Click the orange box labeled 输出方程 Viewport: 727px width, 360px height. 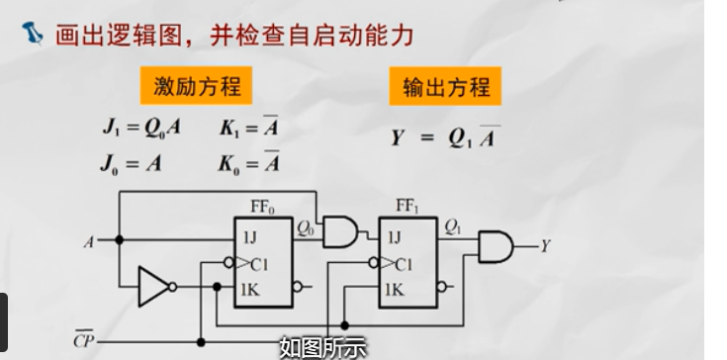click(445, 87)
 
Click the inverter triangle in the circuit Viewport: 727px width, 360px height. click(153, 287)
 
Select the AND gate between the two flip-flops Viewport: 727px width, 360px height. click(340, 231)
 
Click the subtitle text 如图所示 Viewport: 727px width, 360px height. click(322, 346)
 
